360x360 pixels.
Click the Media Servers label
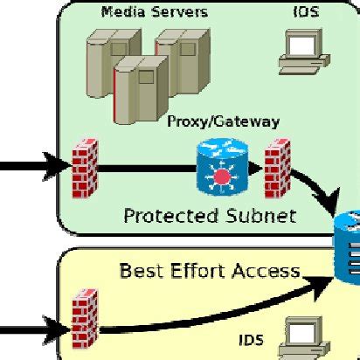155,12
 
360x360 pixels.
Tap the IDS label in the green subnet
299,12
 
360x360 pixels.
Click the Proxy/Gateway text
223,121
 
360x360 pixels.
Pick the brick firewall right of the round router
277,164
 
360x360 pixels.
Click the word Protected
163,215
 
